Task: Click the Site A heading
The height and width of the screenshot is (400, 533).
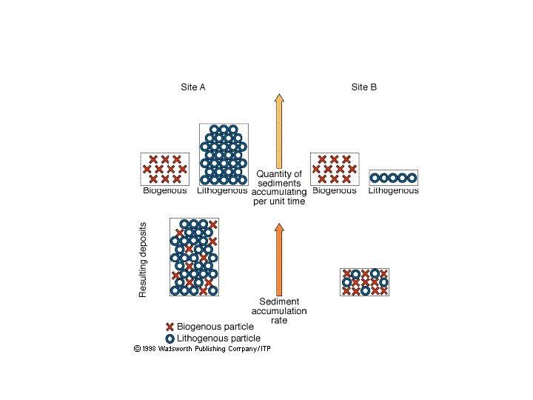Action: [193, 87]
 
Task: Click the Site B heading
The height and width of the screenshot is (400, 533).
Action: [363, 87]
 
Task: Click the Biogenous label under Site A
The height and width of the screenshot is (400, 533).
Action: [164, 191]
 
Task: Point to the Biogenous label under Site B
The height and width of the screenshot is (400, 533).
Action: [334, 191]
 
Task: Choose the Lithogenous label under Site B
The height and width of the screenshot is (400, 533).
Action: [393, 191]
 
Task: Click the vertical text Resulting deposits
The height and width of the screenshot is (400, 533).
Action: [144, 259]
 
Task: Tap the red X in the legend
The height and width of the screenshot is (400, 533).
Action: [170, 327]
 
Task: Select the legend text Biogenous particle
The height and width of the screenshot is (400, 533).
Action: [215, 327]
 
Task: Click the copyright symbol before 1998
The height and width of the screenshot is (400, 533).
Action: [137, 347]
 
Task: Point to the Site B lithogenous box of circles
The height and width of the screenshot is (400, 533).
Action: [393, 178]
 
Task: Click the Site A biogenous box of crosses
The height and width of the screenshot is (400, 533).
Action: [164, 170]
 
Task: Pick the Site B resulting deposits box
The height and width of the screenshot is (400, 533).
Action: [364, 281]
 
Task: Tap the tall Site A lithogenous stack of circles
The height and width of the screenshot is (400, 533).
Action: [224, 154]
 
